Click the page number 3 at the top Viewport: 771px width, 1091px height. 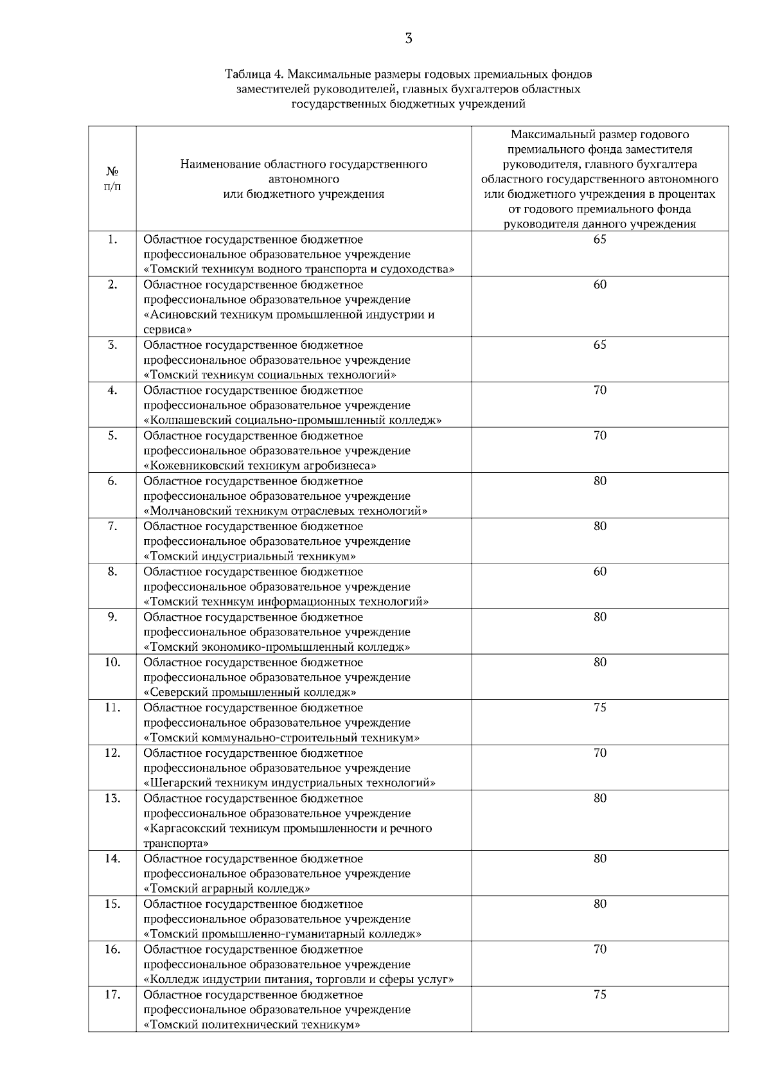409,38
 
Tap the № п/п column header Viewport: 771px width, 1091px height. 112,179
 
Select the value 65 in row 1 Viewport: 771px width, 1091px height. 599,240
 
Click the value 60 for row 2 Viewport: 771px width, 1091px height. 599,285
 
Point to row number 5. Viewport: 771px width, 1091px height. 112,436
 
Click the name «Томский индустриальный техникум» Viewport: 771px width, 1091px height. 249,556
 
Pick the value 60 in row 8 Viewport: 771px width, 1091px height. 599,572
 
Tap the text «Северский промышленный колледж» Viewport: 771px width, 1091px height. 250,693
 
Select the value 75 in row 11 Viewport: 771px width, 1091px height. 599,708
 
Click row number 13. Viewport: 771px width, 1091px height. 112,799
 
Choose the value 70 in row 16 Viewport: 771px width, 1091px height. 599,950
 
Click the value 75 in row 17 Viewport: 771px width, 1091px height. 599,995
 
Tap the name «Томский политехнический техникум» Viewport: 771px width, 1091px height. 251,1025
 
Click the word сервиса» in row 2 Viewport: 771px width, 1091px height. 168,330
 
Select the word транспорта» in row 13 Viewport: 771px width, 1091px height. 176,844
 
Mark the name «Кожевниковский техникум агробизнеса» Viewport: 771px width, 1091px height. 260,466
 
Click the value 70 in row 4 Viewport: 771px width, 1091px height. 599,391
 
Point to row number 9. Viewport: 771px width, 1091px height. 112,617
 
